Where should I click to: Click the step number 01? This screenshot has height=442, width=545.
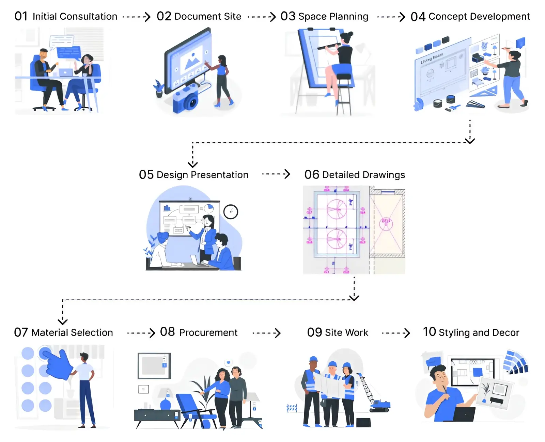point(21,16)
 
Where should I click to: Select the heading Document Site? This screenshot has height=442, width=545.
point(207,16)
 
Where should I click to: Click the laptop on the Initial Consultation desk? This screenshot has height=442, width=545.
point(66,72)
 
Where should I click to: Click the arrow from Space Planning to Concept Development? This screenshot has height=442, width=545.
point(391,17)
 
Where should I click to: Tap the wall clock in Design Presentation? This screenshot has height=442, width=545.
point(231,212)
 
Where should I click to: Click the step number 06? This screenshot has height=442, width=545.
point(312,175)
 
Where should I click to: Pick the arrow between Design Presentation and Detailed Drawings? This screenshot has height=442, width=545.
point(276,174)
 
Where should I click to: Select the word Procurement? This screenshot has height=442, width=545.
point(208,333)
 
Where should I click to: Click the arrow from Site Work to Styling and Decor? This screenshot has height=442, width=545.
point(396,333)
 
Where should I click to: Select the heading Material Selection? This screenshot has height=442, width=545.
point(72,333)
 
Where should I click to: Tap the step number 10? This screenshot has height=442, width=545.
point(429,332)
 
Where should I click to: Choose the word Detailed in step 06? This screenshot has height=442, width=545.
point(341,175)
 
